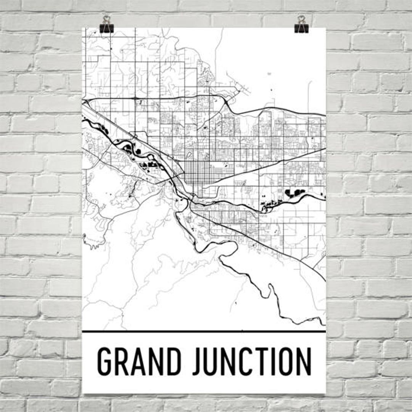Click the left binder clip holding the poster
click(x=106, y=25)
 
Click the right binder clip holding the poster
click(x=301, y=25)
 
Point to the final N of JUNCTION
click(x=304, y=362)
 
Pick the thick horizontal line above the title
click(x=204, y=331)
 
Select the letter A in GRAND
click(x=137, y=362)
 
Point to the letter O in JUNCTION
click(x=286, y=362)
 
